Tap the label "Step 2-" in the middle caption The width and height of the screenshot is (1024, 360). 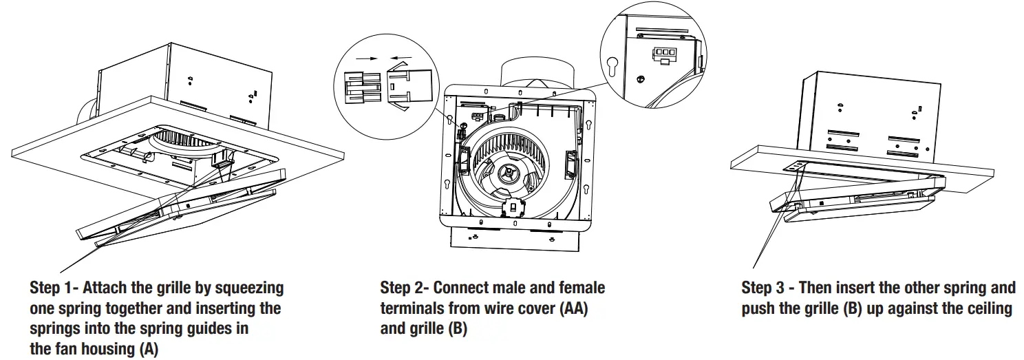point(404,287)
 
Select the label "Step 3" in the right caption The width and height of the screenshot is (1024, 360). point(764,287)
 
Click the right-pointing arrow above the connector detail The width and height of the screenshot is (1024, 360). point(370,60)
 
